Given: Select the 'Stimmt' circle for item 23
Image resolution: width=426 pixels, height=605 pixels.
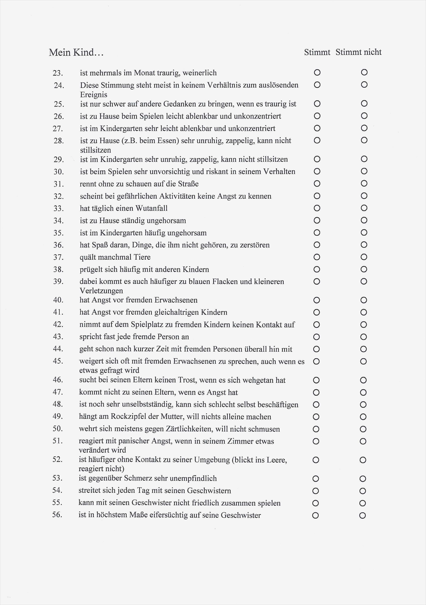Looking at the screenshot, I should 317,72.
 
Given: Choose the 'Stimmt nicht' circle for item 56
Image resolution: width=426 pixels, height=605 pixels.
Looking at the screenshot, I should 362,515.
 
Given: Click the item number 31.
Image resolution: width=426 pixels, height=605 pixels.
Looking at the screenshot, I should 58,184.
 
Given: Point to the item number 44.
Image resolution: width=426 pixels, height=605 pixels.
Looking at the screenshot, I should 58,349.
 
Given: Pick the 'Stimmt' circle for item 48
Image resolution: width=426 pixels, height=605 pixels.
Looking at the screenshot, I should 316,404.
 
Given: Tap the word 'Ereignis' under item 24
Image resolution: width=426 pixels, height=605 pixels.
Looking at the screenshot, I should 94,95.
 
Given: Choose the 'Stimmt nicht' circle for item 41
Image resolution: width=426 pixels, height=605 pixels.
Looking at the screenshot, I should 364,312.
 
